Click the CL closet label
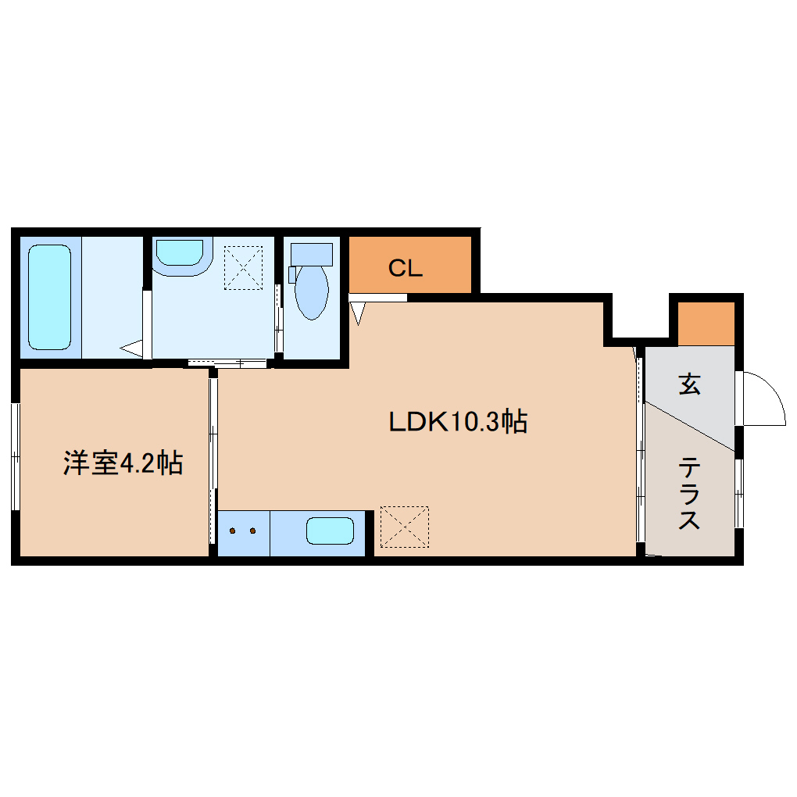tap(406, 269)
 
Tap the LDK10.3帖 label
tap(458, 422)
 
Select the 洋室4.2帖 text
tap(123, 463)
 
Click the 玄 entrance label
tap(688, 384)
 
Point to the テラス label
tap(689, 495)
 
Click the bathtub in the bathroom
tap(50, 297)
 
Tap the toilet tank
tap(312, 253)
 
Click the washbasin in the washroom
tap(180, 252)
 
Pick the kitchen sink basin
tap(330, 531)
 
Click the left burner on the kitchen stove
tap(232, 531)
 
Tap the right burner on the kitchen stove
tap(252, 531)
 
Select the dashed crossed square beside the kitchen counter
tap(405, 526)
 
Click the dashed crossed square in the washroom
tap(244, 268)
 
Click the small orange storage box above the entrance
tap(706, 323)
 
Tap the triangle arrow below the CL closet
tap(358, 313)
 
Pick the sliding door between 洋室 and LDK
tap(213, 461)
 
